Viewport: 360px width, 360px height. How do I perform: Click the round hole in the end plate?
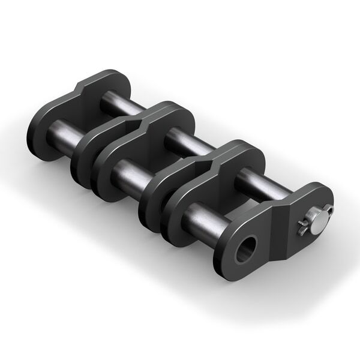point(245,248)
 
